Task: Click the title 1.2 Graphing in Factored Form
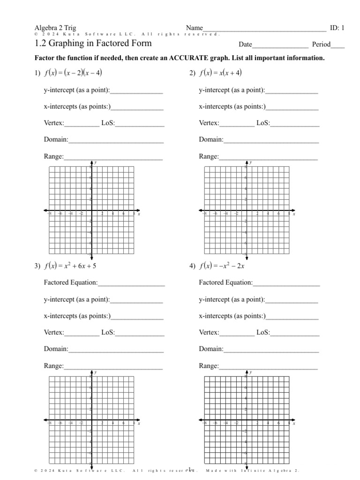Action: point(93,44)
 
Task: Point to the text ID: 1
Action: point(337,28)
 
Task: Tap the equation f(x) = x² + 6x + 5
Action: point(71,266)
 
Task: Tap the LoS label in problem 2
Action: point(263,123)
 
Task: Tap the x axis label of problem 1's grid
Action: point(139,214)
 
